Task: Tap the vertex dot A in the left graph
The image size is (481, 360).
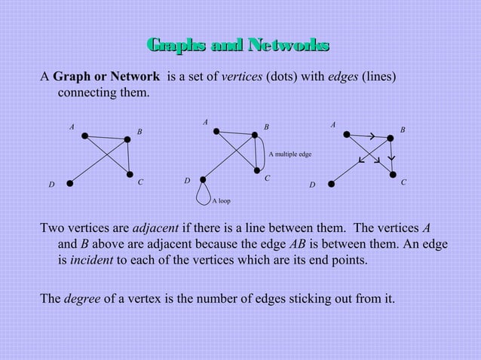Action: click(x=85, y=136)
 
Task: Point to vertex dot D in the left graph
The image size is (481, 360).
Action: click(x=69, y=182)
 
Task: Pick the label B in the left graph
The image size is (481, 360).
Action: click(x=139, y=132)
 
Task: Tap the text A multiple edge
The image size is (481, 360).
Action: click(x=290, y=154)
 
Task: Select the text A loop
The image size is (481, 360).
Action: click(x=221, y=201)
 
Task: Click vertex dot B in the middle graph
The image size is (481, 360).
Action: click(x=256, y=136)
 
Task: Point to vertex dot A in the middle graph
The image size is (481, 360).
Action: click(x=216, y=131)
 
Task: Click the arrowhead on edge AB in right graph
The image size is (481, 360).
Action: click(x=372, y=136)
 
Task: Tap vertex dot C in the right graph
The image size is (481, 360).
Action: click(x=394, y=175)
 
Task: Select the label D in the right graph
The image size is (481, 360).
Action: click(x=312, y=185)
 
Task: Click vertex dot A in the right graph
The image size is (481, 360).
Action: click(x=347, y=135)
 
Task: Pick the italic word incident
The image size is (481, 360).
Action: click(x=85, y=261)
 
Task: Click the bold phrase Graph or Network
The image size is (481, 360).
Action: click(x=106, y=78)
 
